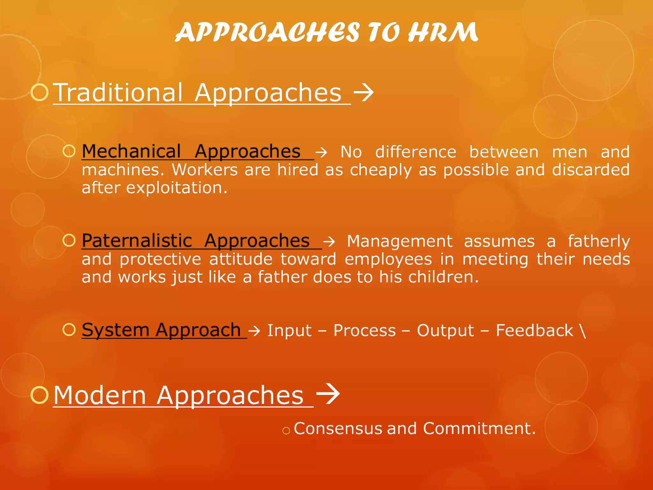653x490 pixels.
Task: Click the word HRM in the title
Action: [443, 33]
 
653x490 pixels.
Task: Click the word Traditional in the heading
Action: [118, 93]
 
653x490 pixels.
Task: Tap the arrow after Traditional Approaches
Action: [363, 92]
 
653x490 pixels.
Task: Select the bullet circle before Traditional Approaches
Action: [40, 92]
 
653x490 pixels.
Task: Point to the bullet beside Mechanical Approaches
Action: [69, 151]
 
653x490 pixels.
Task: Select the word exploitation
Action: [177, 188]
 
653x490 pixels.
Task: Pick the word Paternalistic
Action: [137, 241]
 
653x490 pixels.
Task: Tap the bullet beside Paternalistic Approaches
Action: [69, 240]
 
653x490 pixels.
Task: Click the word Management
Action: [400, 241]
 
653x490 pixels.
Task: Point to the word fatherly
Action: [598, 241]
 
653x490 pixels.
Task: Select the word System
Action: [115, 330]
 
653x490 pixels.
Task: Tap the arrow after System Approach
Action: [254, 330]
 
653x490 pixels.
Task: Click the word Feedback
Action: [534, 330]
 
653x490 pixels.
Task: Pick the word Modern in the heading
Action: [100, 395]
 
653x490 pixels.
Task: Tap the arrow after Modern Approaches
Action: [328, 394]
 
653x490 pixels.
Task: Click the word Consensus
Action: [338, 428]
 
